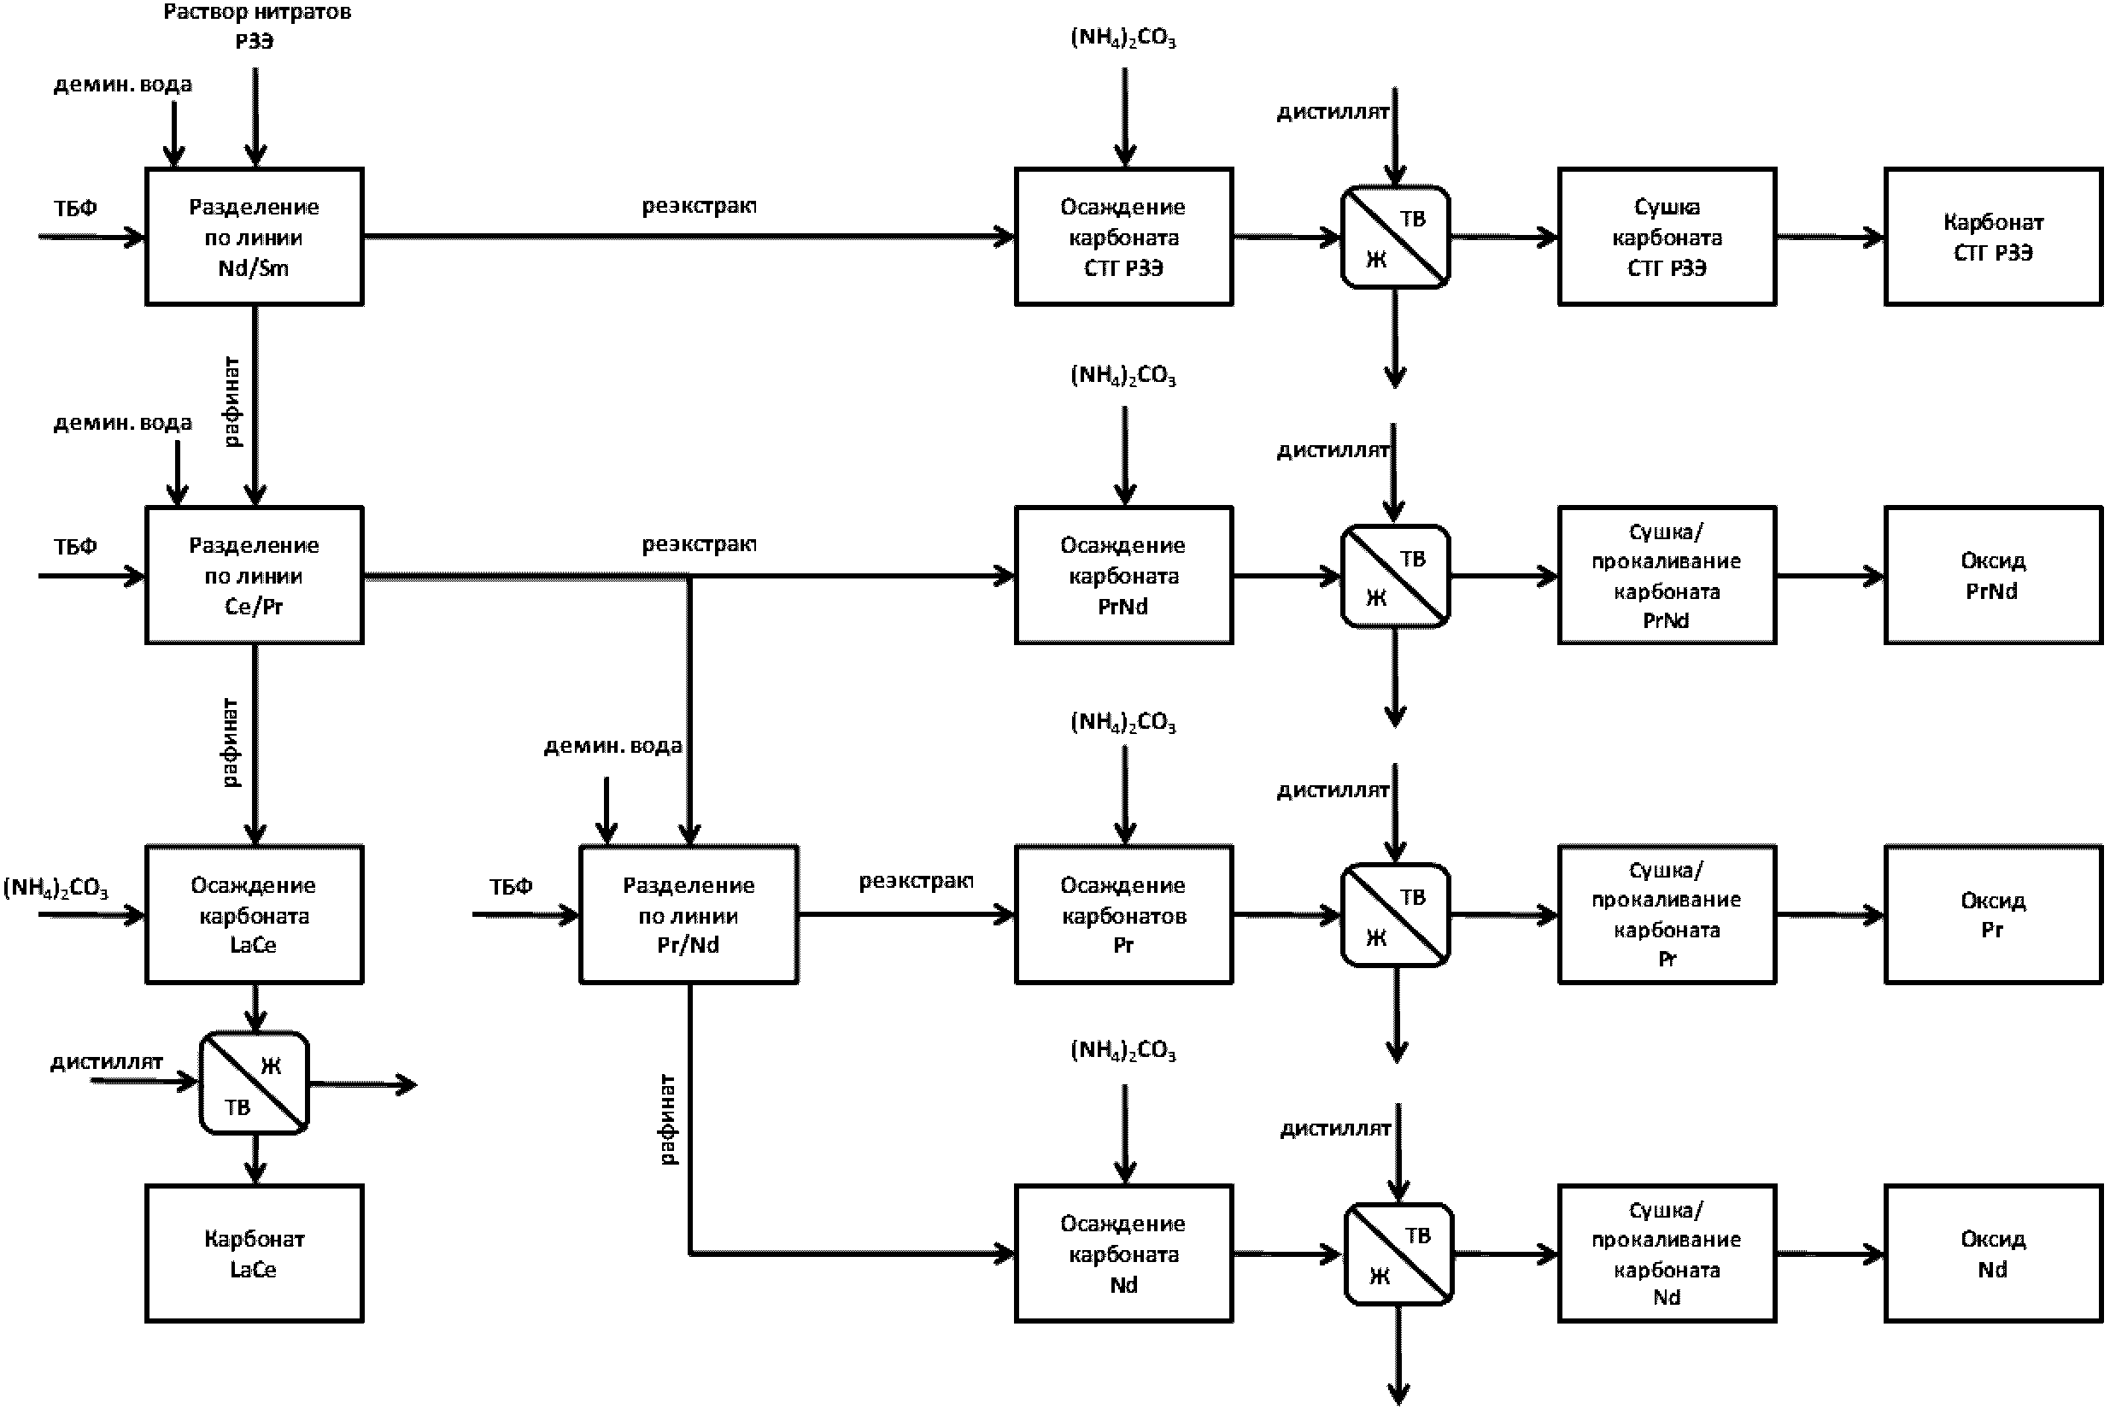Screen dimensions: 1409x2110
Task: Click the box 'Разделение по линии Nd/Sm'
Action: (x=255, y=238)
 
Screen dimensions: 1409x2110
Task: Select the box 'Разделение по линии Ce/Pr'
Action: (x=255, y=575)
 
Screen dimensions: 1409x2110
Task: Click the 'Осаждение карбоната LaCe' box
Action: (x=255, y=915)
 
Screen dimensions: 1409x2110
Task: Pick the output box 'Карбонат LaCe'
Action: (x=255, y=1253)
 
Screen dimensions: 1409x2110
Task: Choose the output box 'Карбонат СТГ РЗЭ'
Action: (x=1992, y=238)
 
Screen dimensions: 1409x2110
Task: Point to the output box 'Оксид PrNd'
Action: (x=1992, y=575)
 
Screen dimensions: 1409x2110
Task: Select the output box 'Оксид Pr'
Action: (x=1992, y=915)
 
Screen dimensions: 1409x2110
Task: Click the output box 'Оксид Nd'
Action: (x=1992, y=1253)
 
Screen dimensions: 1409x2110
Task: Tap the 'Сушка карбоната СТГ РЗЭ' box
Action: (x=1667, y=238)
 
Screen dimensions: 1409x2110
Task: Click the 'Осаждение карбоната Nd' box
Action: (x=1122, y=1253)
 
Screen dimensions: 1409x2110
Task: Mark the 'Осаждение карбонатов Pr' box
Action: (x=1122, y=915)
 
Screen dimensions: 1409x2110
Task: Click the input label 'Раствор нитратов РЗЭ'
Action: (x=256, y=26)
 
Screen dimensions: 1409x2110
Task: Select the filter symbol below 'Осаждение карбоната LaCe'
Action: (x=255, y=1083)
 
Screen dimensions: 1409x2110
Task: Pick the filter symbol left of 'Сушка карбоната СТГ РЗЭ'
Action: (x=1395, y=238)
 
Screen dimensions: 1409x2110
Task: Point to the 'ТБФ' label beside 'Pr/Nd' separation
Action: (x=510, y=887)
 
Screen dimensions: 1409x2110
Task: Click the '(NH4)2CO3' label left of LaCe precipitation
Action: (x=56, y=888)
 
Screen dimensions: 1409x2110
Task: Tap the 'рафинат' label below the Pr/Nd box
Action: (x=667, y=1118)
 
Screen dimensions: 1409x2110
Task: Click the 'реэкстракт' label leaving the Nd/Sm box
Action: (x=699, y=206)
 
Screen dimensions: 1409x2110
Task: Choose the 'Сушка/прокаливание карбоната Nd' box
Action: (x=1667, y=1253)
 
